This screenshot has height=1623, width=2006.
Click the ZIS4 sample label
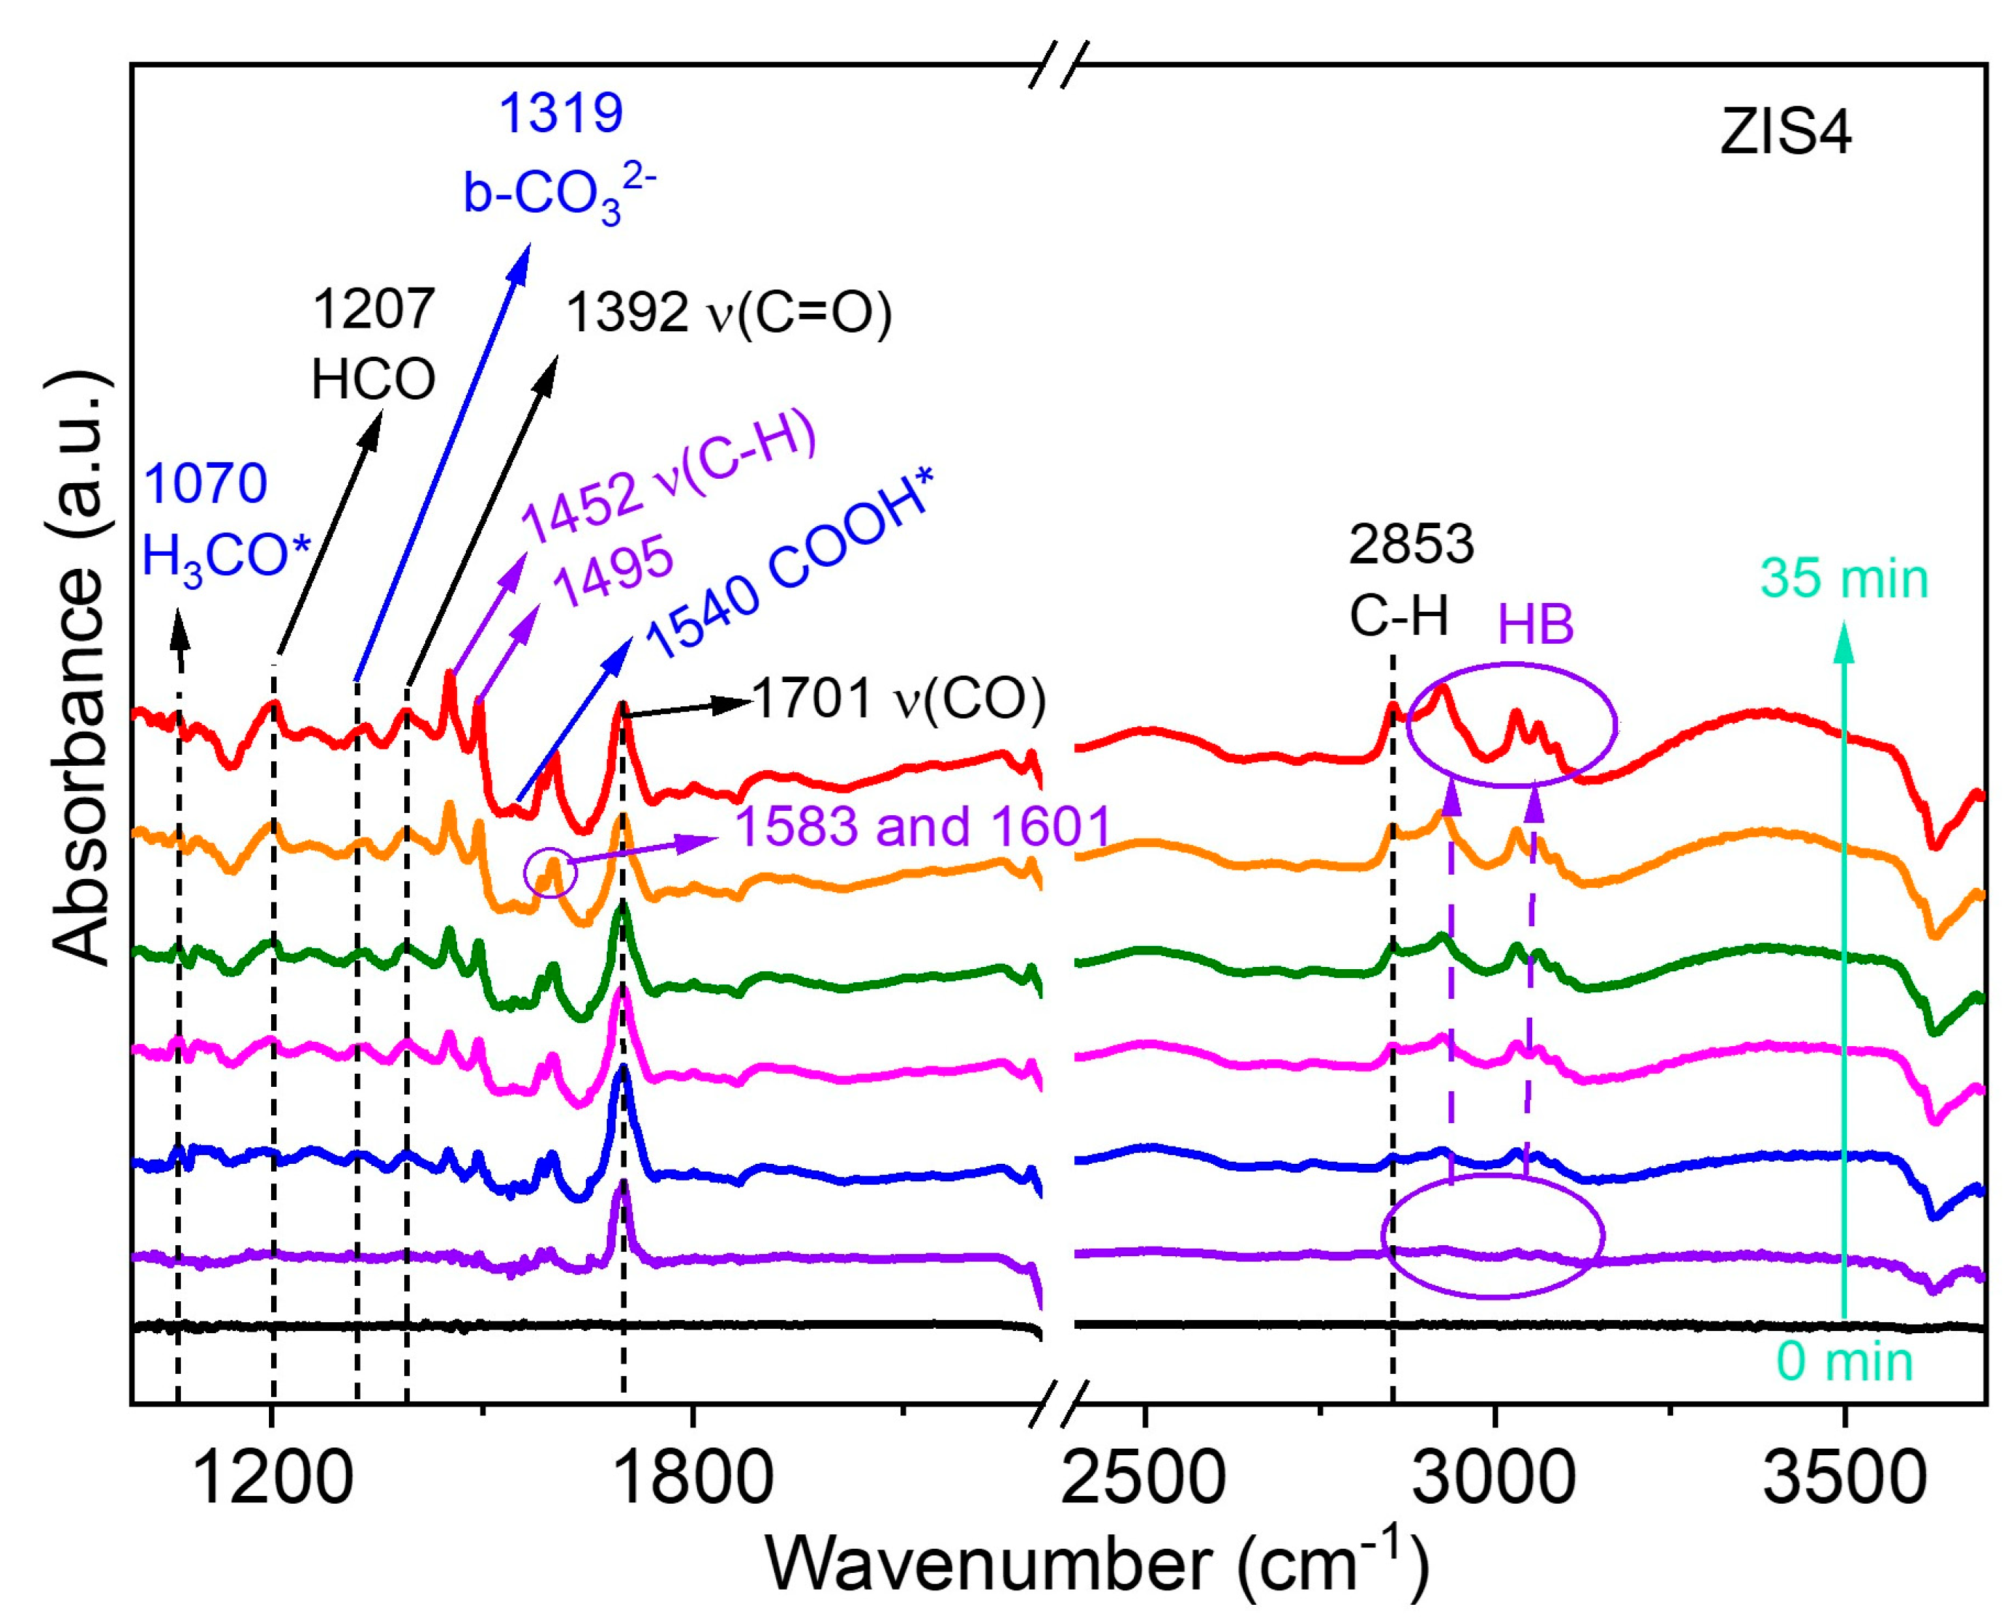tap(1784, 134)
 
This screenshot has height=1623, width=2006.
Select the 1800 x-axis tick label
tap(693, 1480)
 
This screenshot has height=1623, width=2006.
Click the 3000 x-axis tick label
tap(1494, 1480)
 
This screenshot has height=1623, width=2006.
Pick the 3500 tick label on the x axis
tap(1843, 1480)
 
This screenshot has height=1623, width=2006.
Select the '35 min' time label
tap(1844, 579)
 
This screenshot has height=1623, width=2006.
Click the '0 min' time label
tap(1844, 1362)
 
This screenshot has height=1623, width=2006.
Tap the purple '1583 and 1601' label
tap(922, 827)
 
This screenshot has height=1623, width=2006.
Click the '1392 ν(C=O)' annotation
tap(728, 312)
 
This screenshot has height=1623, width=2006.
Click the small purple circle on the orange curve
tap(551, 873)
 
